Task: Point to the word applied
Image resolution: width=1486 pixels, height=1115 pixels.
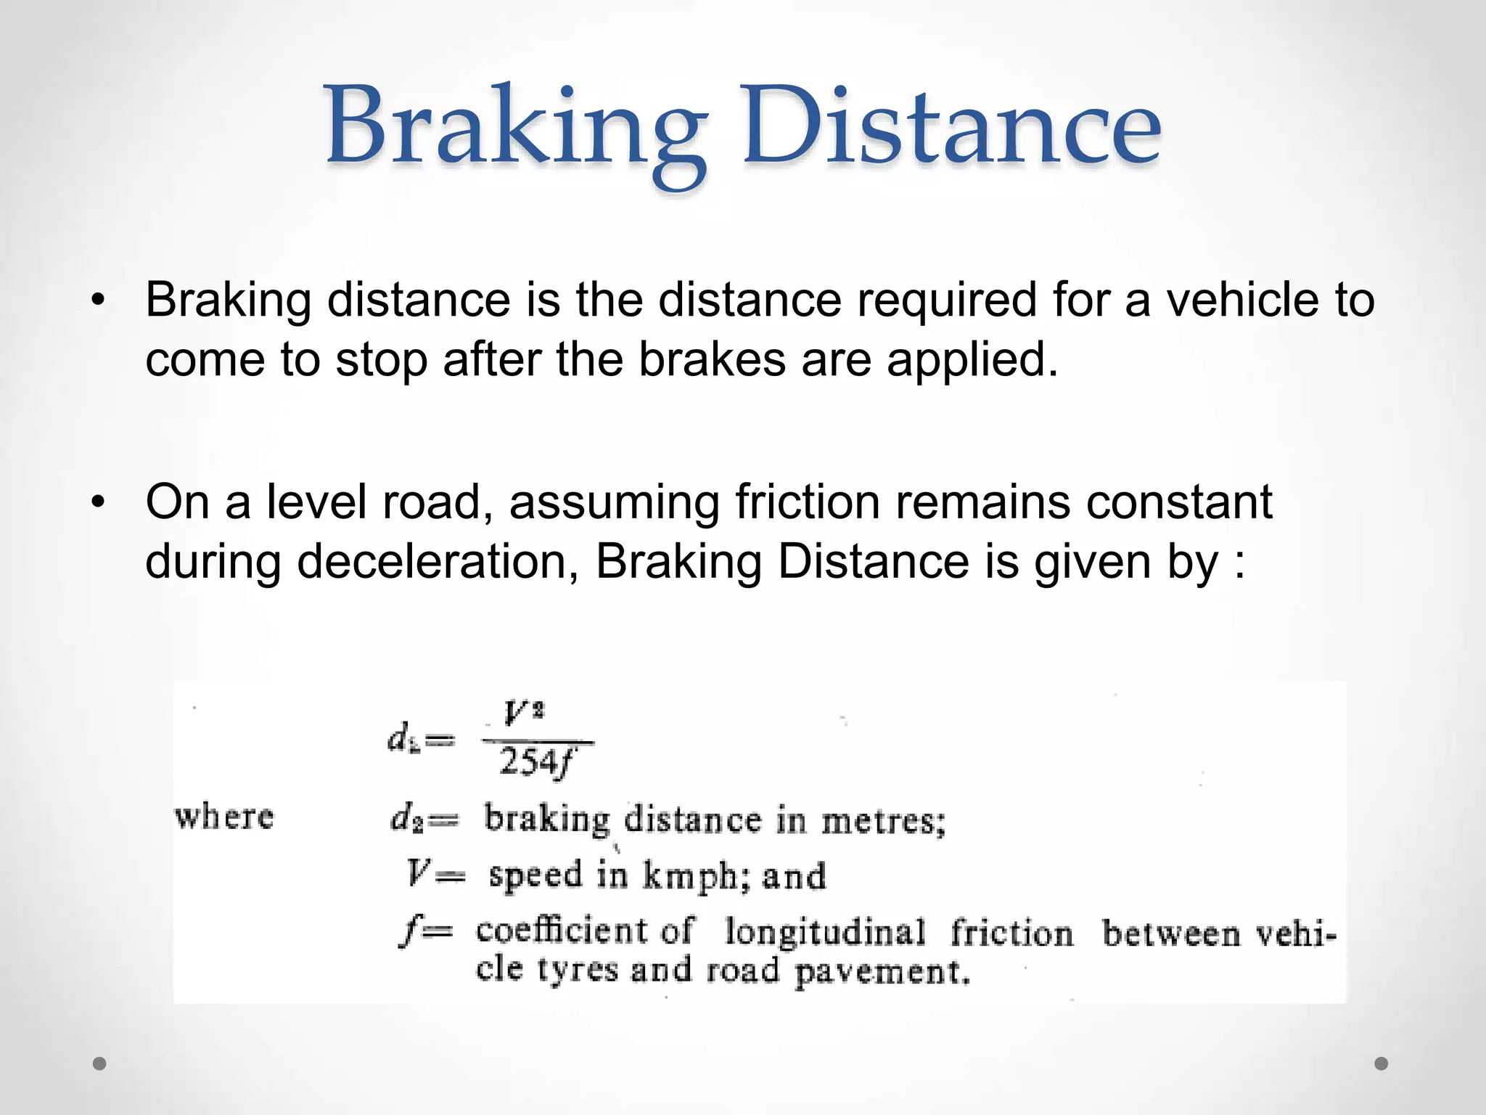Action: point(972,360)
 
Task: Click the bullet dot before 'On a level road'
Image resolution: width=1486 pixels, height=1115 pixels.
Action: point(99,502)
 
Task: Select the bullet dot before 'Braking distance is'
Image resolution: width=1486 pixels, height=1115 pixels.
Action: point(99,300)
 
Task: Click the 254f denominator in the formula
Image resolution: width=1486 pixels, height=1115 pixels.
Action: point(537,763)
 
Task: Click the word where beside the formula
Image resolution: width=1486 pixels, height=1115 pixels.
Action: point(224,817)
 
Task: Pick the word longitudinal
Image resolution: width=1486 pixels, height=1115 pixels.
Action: point(825,932)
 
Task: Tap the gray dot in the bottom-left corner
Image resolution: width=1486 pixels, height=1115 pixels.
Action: point(100,1063)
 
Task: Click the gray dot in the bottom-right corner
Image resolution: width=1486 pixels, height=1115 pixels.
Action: point(1382,1063)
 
